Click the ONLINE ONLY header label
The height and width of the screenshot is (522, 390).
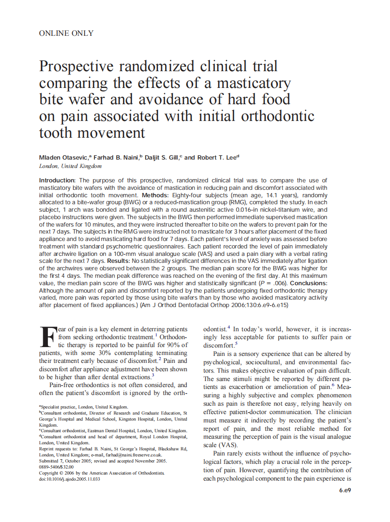(67, 33)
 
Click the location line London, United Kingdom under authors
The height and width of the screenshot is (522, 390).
(70, 166)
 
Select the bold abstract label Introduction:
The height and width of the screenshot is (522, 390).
(58, 180)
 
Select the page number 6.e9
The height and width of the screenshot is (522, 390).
(344, 490)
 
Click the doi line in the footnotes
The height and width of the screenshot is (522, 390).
(70, 479)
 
